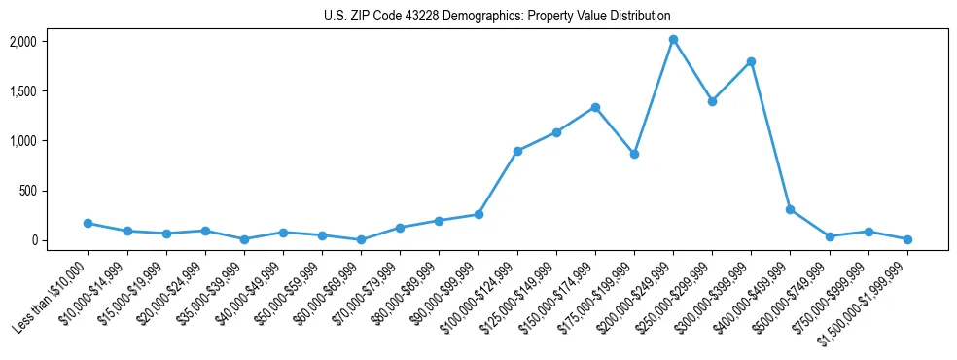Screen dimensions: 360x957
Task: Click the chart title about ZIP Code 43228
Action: (x=497, y=16)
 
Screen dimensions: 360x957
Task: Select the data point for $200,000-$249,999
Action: (x=673, y=40)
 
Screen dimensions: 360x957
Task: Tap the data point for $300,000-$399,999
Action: (x=751, y=61)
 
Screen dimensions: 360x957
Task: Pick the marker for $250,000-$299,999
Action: (x=712, y=101)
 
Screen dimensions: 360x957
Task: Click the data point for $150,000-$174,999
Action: (x=595, y=107)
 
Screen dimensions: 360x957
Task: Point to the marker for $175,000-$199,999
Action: (x=634, y=154)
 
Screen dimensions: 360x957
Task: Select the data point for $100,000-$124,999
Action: (x=517, y=151)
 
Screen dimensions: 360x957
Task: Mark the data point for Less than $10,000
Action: (x=88, y=223)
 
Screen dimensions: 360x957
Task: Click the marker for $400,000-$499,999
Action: (x=790, y=209)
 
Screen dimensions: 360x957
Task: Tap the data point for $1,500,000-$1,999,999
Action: (x=907, y=239)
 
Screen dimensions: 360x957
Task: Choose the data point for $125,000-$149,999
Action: (x=556, y=132)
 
